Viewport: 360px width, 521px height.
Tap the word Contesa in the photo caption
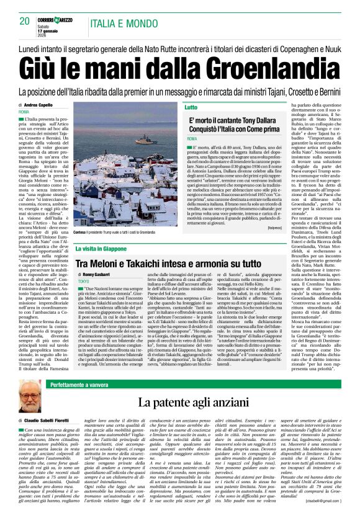[x=81, y=231]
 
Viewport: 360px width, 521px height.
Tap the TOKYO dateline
[x=84, y=282]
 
